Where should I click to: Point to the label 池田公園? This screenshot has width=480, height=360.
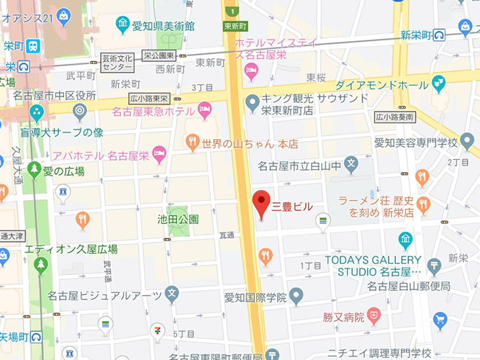click(x=178, y=219)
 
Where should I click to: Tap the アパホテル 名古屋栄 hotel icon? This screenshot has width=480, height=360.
click(x=160, y=153)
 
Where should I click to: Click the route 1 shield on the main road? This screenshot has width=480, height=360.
click(x=232, y=10)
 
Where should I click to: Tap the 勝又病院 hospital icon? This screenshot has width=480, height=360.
click(x=373, y=315)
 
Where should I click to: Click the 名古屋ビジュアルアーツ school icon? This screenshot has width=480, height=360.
click(x=171, y=294)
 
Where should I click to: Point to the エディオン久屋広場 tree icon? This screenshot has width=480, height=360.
click(x=40, y=264)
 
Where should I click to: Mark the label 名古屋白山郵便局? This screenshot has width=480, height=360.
click(x=408, y=287)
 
